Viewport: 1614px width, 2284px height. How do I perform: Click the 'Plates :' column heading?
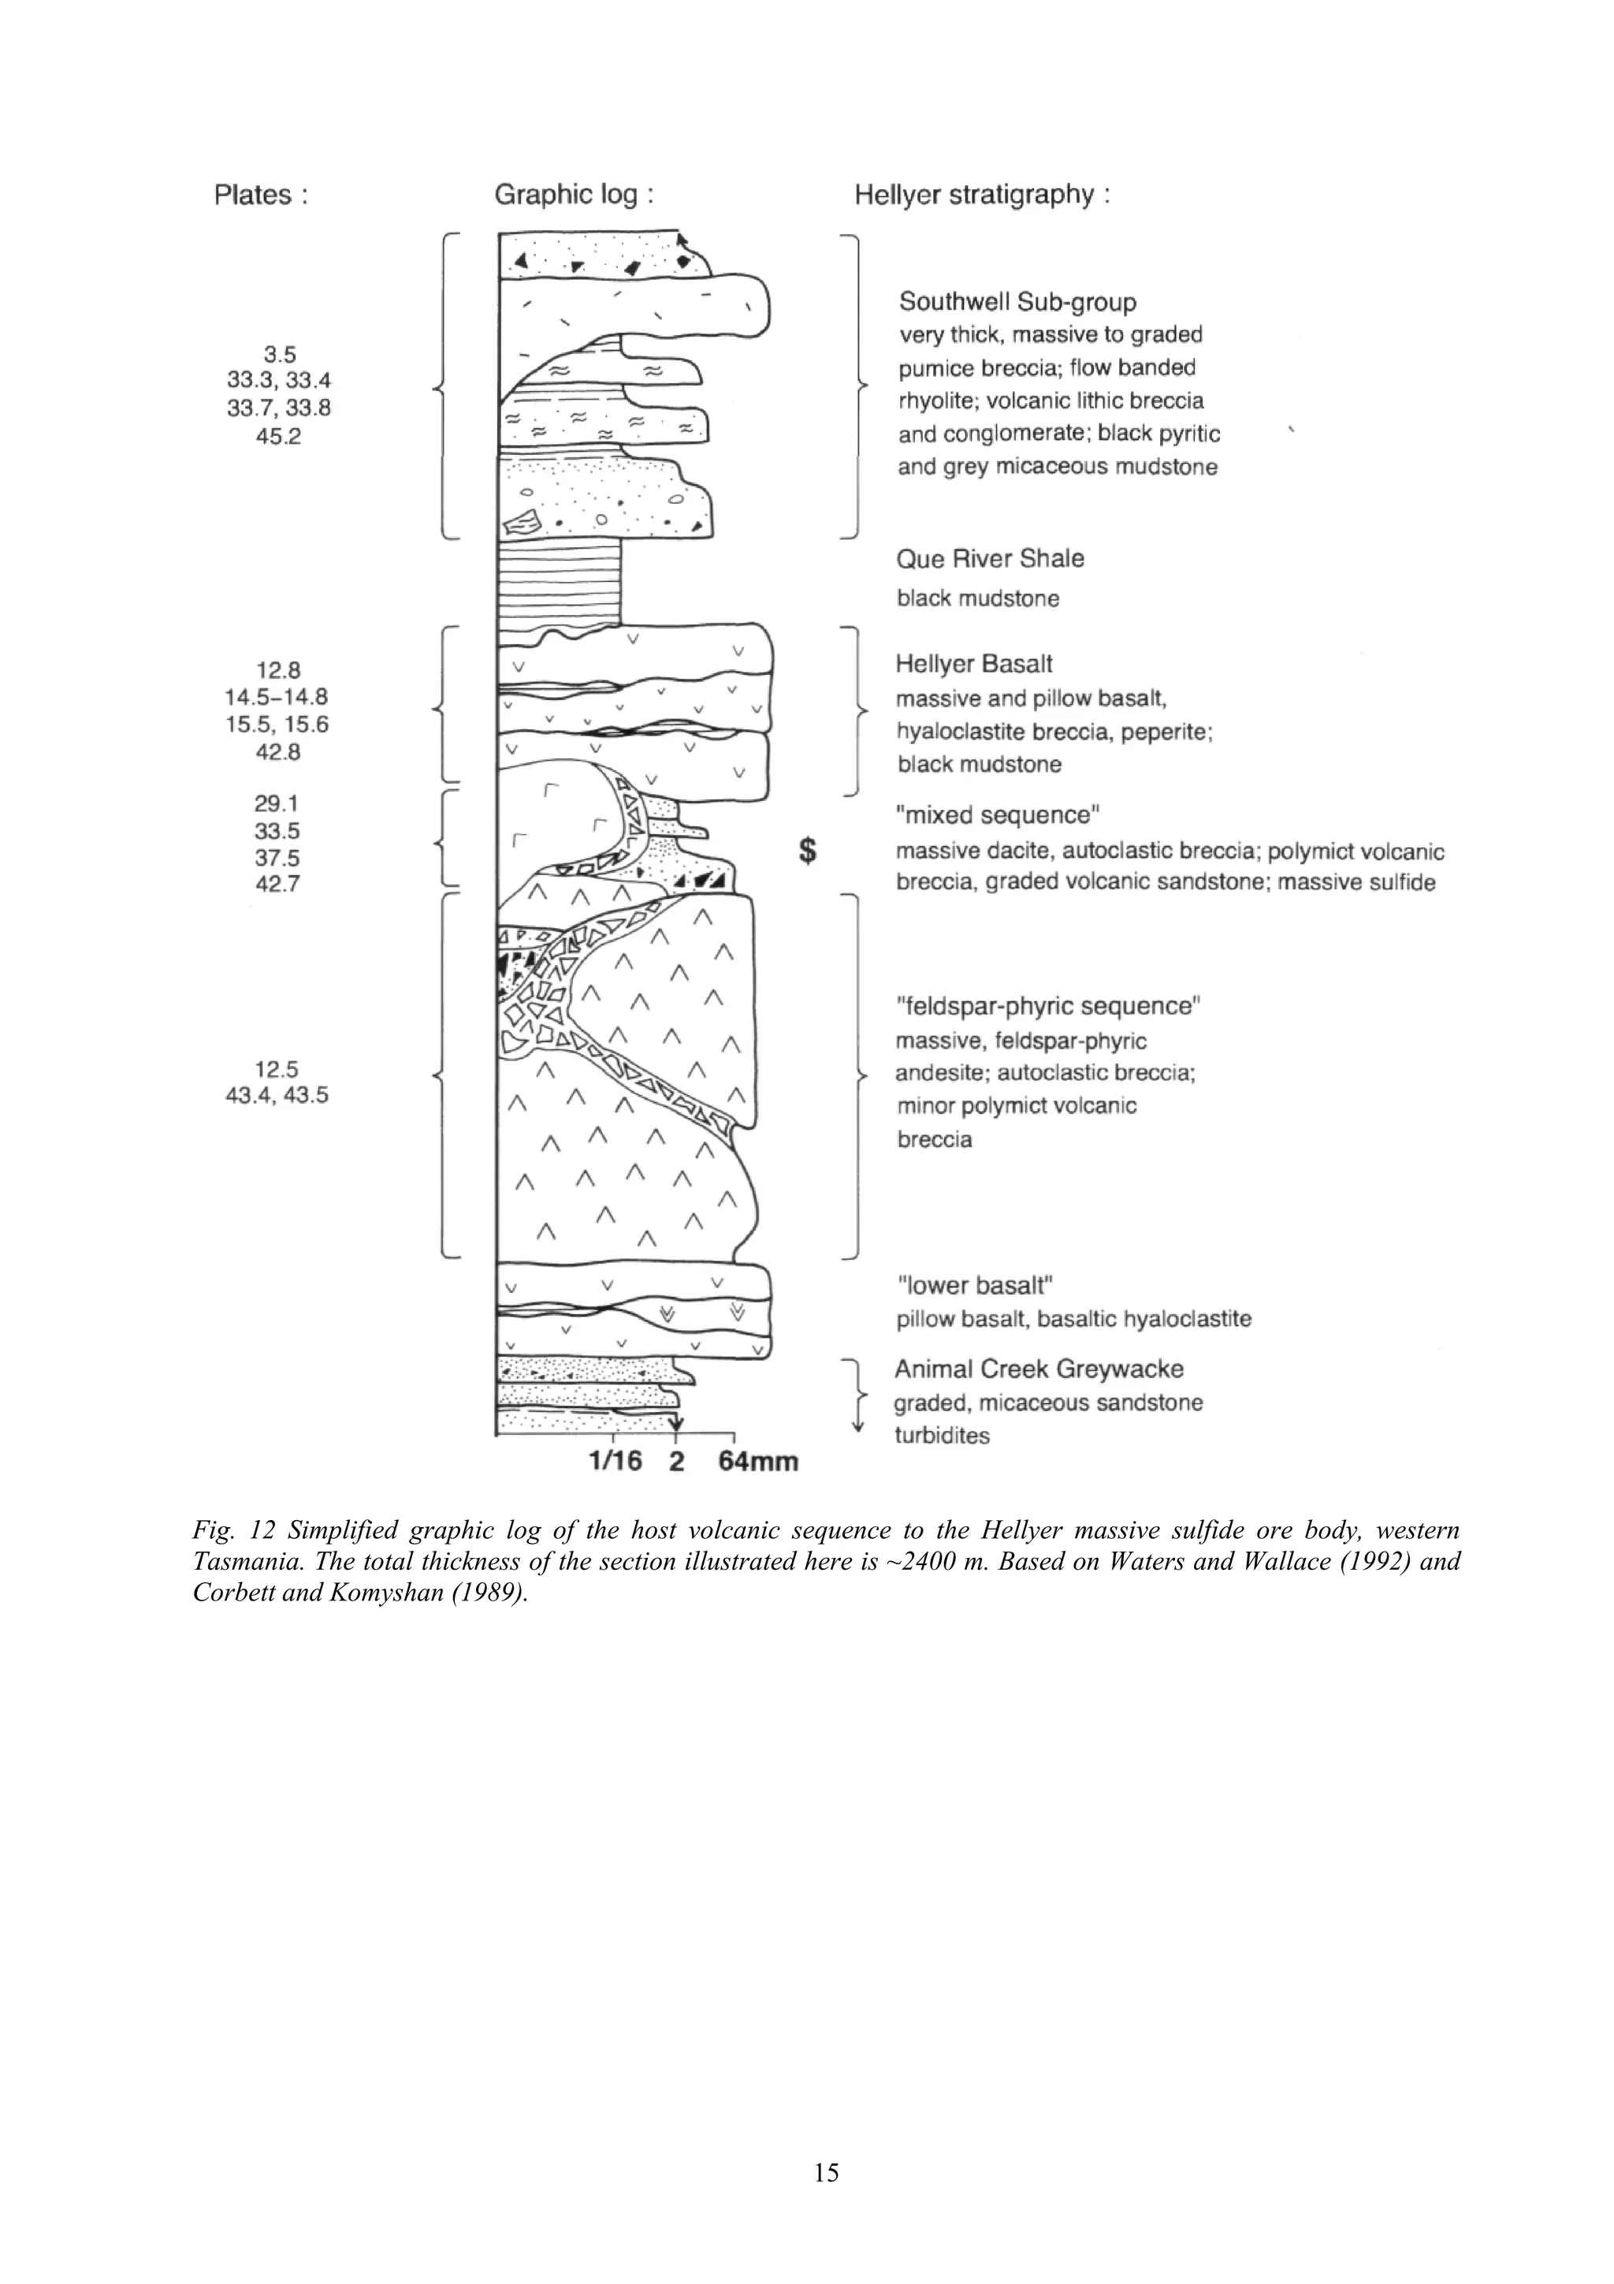coord(261,195)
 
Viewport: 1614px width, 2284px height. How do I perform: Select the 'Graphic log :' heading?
coord(574,195)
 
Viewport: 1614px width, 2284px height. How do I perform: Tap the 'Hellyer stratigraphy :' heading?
coord(981,195)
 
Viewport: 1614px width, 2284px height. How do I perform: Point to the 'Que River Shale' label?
coord(990,559)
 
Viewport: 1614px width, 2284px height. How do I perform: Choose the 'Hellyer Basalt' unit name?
coord(973,664)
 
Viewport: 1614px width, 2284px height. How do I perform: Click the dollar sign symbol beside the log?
coord(809,851)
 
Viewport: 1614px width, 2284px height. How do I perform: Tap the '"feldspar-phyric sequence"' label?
coord(1048,1006)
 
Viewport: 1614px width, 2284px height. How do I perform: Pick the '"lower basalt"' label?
coord(973,1285)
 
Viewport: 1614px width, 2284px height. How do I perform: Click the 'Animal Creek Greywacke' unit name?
coord(1038,1369)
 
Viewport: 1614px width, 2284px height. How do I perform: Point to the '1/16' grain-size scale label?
coord(615,1462)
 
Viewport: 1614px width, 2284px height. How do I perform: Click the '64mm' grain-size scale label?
coord(758,1462)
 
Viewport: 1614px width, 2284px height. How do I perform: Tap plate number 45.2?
coord(278,436)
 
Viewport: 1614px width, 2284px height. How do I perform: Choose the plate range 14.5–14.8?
coord(277,697)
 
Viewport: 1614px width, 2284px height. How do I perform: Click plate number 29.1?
coord(277,804)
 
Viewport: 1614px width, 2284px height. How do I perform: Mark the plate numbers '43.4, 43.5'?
coord(277,1095)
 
